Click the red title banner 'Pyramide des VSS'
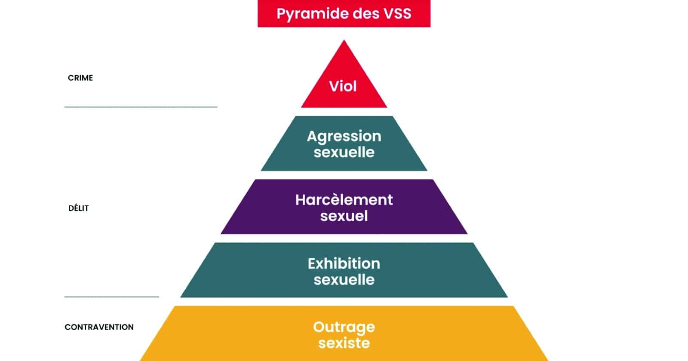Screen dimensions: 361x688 pos(344,13)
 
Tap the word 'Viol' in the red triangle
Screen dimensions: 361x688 pos(343,86)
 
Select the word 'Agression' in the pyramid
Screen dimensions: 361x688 pos(344,136)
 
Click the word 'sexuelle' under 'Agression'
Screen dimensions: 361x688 pos(344,152)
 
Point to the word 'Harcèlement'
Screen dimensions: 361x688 pos(344,200)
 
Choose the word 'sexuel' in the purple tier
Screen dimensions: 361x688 pos(344,216)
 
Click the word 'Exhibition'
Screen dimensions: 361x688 pos(344,263)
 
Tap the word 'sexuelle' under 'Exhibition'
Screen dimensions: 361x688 pos(344,280)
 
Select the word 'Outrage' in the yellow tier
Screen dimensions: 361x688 pos(344,327)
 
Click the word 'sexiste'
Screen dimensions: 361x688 pos(344,343)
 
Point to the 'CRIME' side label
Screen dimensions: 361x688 pos(80,78)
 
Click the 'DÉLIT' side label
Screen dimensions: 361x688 pos(79,208)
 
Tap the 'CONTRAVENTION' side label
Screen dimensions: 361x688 pos(99,327)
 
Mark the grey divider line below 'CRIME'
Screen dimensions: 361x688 pos(141,107)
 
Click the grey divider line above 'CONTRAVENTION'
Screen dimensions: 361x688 pos(112,297)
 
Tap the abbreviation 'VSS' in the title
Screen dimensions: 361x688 pos(396,13)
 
